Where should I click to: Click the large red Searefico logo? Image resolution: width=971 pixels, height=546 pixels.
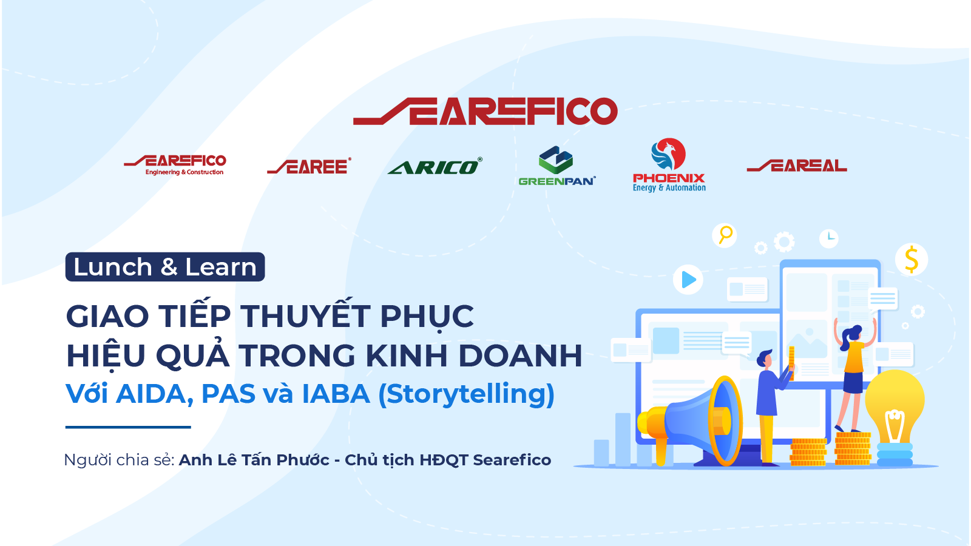486,112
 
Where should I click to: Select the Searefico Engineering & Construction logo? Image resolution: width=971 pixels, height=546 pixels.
175,165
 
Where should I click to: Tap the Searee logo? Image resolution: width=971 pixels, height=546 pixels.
309,166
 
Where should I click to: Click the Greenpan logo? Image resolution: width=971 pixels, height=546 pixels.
557,166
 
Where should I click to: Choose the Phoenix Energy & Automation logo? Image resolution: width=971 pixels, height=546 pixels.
669,165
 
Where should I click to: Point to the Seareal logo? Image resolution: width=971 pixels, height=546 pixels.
797,166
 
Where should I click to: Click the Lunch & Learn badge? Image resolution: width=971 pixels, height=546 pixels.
164,267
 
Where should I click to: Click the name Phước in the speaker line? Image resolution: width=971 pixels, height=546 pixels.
303,460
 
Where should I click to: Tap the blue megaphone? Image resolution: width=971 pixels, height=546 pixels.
691,420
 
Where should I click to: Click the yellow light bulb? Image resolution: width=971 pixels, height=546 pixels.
895,417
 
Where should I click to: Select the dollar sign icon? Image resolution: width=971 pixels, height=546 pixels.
911,259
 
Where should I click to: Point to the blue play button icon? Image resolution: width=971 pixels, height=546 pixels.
688,280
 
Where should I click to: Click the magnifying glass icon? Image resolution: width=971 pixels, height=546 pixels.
725,235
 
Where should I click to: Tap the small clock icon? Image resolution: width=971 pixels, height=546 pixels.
829,238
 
